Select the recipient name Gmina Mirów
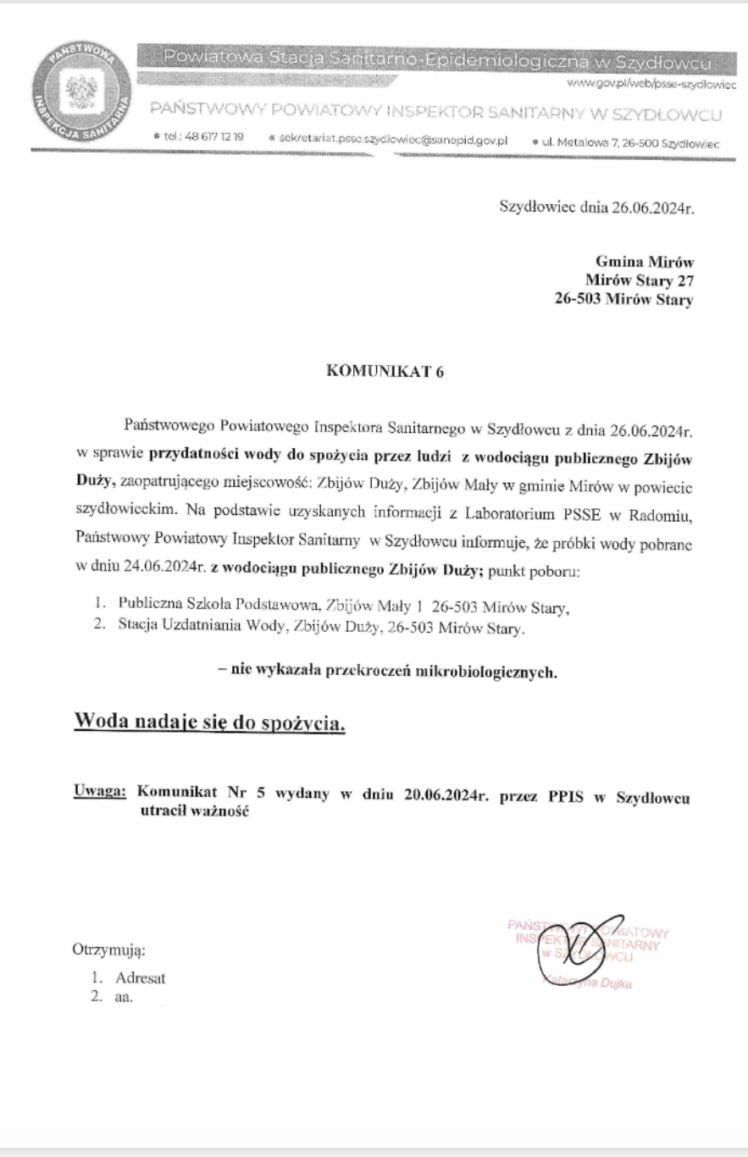[x=645, y=262]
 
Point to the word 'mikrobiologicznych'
[x=495, y=672]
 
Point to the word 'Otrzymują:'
[x=108, y=951]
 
